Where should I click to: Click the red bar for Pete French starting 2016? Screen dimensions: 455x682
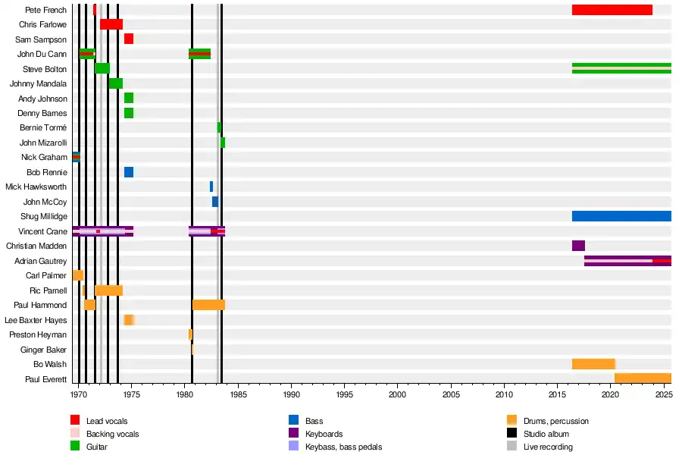612,10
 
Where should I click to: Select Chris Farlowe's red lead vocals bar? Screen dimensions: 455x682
111,24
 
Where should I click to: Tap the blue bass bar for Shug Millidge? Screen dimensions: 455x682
621,216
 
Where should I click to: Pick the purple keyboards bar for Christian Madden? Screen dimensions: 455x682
578,246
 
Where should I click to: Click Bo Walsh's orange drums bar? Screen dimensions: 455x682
593,364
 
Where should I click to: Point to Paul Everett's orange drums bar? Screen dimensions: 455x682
643,378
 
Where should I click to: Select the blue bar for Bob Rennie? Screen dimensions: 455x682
129,172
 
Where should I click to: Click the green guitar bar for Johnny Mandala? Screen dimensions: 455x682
115,83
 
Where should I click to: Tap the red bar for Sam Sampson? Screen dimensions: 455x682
129,39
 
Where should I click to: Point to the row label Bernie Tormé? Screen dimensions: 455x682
43,127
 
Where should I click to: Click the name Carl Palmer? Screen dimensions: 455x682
46,275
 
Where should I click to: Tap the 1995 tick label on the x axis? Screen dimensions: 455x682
345,395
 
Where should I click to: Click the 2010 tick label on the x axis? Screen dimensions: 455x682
504,395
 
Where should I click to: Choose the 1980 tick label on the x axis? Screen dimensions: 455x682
185,395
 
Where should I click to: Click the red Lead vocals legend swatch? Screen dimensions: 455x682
75,421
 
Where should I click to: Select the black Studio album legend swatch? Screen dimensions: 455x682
511,434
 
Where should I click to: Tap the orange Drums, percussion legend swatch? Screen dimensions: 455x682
511,421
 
